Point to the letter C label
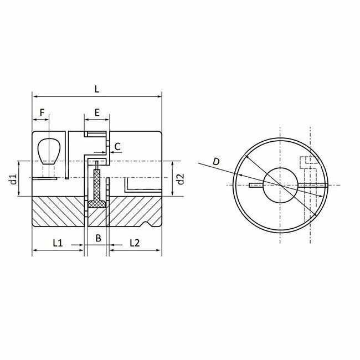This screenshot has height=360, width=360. point(117,147)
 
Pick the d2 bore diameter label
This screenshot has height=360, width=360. point(179,179)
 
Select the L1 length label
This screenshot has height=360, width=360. point(58,242)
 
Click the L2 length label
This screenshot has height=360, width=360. point(135,242)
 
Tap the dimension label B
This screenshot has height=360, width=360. point(98,239)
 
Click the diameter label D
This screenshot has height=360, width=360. point(217,161)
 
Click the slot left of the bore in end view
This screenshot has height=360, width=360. point(256,184)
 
